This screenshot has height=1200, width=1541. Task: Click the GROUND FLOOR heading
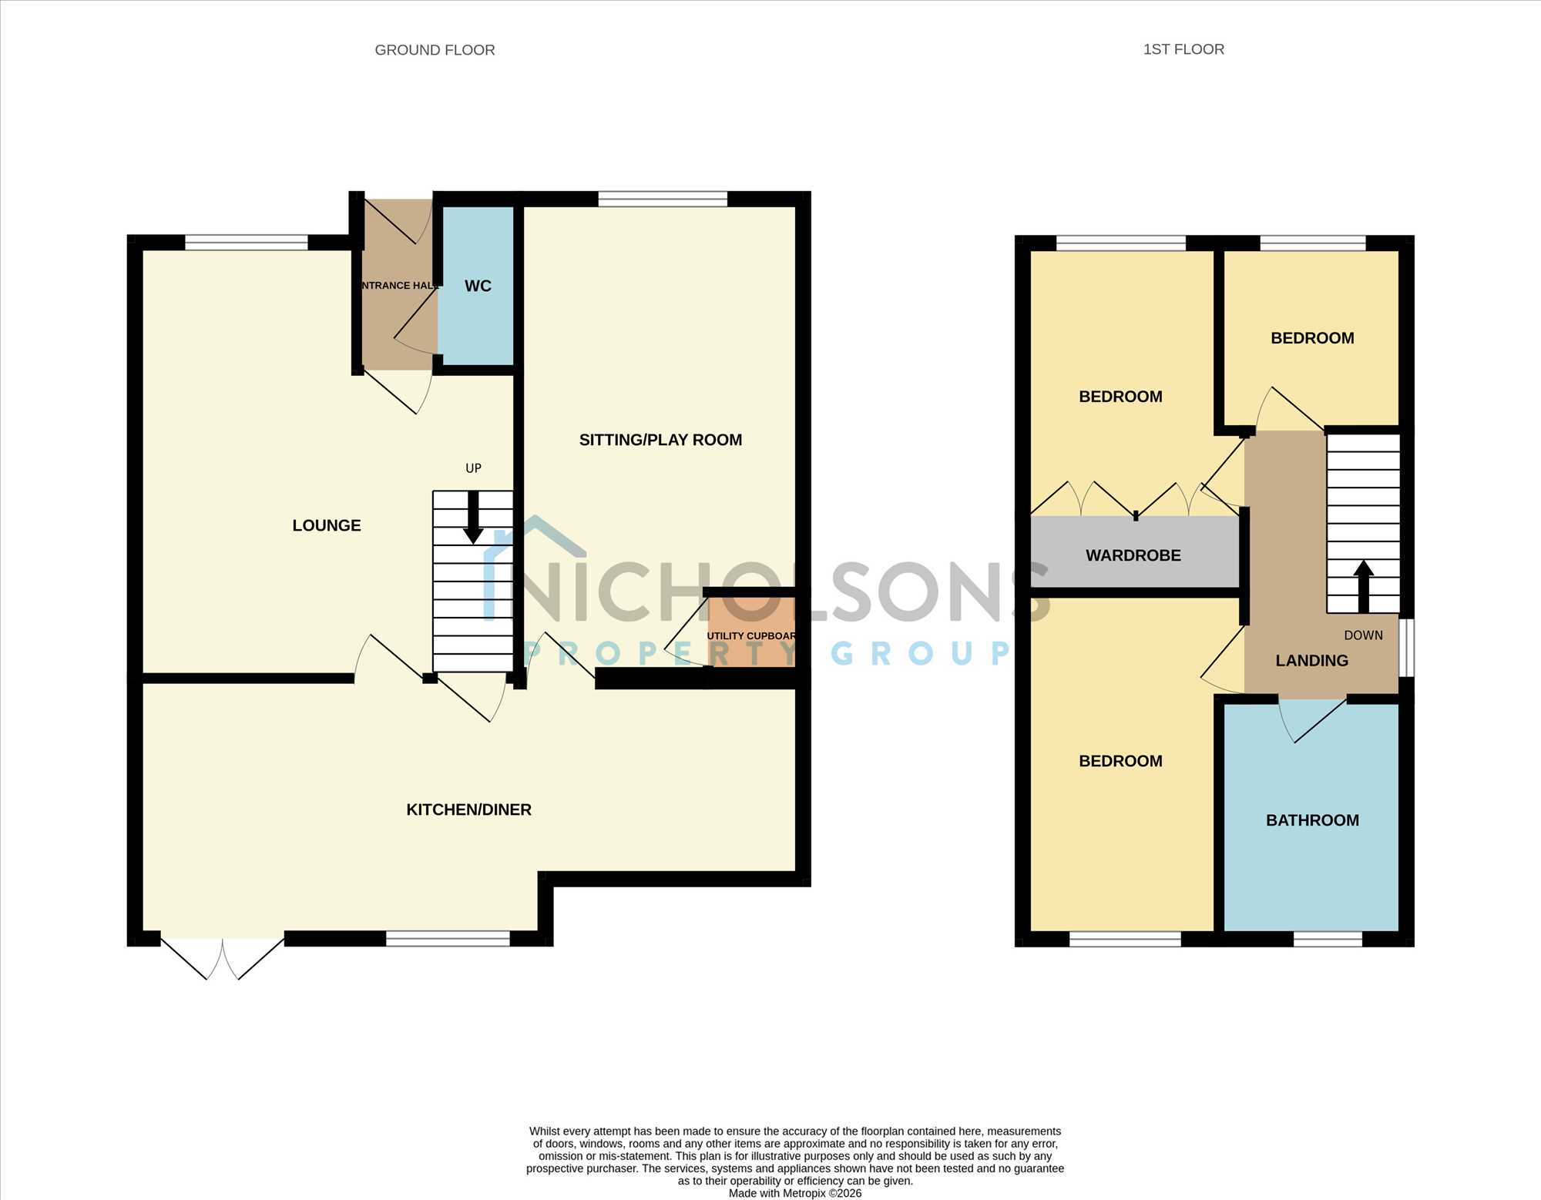click(435, 50)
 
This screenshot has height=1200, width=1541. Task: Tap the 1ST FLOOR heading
click(1183, 49)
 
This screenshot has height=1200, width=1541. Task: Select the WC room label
click(478, 286)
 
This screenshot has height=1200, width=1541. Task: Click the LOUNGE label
click(327, 525)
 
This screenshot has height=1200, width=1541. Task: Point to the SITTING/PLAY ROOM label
click(660, 440)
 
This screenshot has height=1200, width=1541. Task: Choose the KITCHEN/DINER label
click(468, 809)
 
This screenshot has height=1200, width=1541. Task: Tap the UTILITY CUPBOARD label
click(751, 635)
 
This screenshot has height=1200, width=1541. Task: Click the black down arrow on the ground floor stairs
click(473, 518)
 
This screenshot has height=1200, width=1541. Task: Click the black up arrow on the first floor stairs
click(1364, 586)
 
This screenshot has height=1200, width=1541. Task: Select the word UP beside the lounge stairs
click(473, 468)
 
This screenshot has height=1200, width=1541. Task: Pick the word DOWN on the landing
click(1363, 635)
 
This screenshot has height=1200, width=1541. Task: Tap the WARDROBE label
click(1133, 555)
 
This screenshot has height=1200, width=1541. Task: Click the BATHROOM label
click(1312, 820)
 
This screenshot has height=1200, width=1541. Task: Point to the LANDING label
click(1311, 661)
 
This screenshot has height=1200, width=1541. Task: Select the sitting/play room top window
click(663, 199)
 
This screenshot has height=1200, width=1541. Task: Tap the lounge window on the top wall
click(247, 243)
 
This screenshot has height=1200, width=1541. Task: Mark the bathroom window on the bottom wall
click(1328, 939)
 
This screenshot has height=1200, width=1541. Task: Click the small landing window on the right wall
click(1406, 648)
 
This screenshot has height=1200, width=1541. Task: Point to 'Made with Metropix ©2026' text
click(795, 1193)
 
